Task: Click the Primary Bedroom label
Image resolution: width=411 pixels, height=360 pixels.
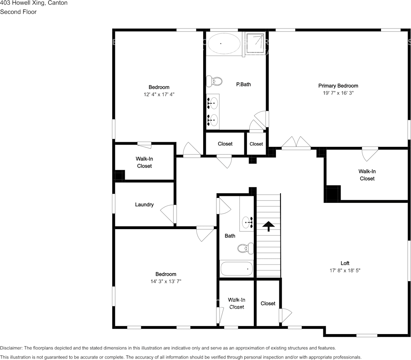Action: [338, 86]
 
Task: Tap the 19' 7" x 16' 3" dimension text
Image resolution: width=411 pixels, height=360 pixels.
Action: [338, 93]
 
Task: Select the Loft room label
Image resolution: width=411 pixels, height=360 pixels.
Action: [345, 263]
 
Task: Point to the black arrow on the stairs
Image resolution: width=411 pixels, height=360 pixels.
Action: [269, 226]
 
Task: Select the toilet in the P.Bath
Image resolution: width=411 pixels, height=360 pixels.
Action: [215, 81]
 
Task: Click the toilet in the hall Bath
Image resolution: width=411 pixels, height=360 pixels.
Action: [245, 248]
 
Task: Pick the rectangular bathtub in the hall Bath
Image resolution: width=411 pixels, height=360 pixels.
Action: [237, 269]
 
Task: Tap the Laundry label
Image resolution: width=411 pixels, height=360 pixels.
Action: [144, 205]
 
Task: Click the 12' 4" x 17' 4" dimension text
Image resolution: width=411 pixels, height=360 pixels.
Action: [159, 94]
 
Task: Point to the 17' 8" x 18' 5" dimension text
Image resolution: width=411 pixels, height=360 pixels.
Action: [345, 271]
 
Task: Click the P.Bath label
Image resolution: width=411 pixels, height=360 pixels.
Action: [243, 84]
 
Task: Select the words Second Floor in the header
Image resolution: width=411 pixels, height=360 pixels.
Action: [18, 12]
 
